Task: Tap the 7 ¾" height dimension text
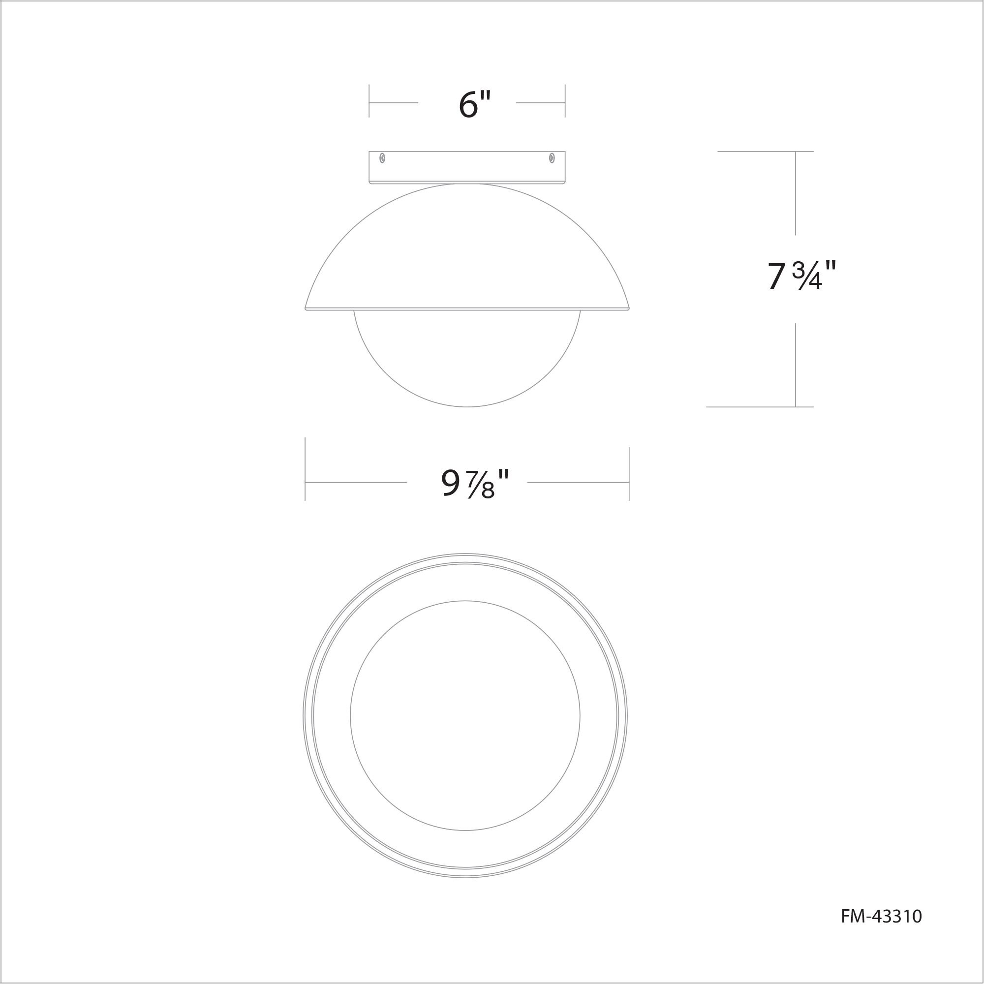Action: coord(801,276)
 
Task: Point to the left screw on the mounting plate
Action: coord(382,158)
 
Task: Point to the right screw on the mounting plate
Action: coord(552,158)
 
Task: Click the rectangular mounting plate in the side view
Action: coord(467,167)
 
